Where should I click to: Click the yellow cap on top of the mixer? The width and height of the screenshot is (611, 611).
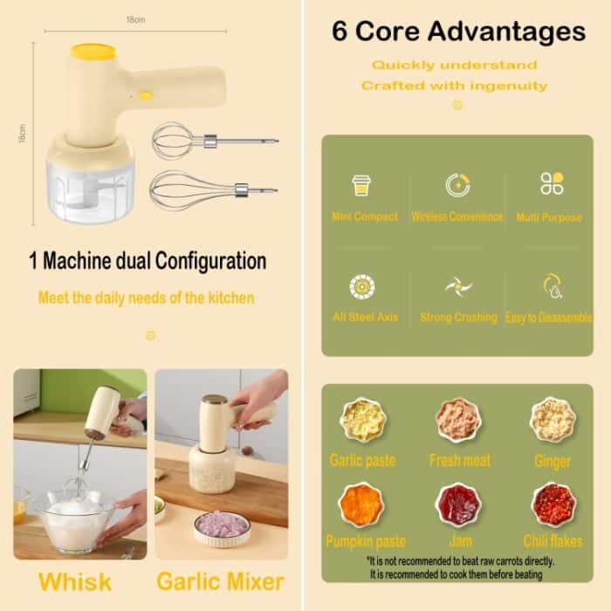(93, 52)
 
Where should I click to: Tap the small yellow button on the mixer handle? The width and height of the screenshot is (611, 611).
(146, 96)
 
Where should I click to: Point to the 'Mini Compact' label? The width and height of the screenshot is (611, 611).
(365, 216)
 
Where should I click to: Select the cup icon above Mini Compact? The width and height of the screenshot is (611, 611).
(361, 185)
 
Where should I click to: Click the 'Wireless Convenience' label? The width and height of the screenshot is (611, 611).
(457, 216)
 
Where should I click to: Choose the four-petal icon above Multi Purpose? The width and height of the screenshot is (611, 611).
(552, 183)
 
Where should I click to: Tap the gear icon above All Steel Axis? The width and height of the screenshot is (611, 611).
(362, 287)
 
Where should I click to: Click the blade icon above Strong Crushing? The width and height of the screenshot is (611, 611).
(458, 287)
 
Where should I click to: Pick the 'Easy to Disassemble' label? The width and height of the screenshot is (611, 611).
(549, 318)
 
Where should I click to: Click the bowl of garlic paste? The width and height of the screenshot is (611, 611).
(363, 420)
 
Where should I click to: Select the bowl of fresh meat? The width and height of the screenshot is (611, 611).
(458, 420)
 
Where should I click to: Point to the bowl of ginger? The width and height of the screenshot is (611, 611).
(553, 419)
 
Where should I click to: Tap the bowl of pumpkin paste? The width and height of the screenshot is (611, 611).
(361, 505)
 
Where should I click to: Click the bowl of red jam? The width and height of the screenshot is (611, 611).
(458, 505)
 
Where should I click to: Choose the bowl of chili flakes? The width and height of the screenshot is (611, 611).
(553, 505)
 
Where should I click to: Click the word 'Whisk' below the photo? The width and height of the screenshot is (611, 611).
(75, 582)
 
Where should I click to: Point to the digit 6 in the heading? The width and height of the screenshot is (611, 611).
(339, 31)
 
